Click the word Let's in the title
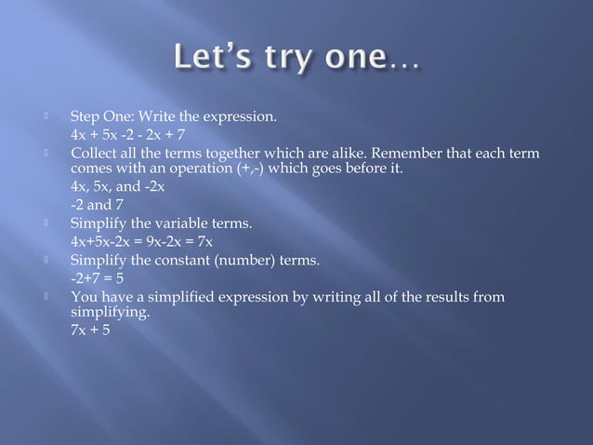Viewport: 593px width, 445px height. point(209,61)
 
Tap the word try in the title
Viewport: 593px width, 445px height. point(288,61)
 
